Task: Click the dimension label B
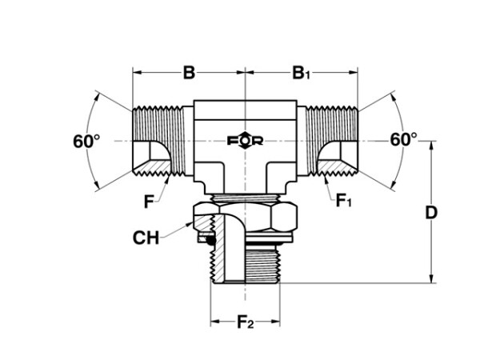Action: click(189, 73)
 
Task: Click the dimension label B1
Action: click(302, 73)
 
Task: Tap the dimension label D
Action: click(431, 213)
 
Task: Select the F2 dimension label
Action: click(246, 322)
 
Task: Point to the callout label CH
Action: click(146, 238)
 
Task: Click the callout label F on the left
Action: click(149, 202)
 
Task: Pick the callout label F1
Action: click(344, 201)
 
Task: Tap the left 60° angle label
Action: click(86, 142)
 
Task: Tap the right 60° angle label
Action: click(403, 139)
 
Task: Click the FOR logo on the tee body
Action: click(246, 141)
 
